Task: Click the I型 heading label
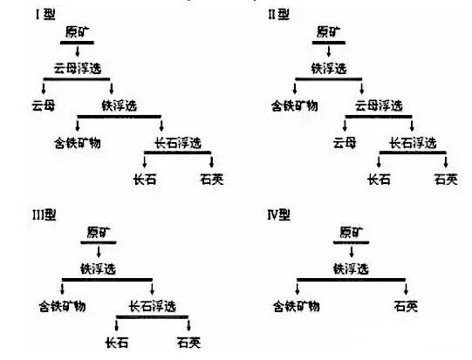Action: pos(45,15)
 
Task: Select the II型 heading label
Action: pos(278,15)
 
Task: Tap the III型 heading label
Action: pos(44,214)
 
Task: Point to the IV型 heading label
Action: pos(278,214)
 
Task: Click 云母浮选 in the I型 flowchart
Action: pos(78,68)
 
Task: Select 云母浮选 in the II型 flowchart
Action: pos(379,105)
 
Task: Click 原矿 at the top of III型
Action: pos(99,233)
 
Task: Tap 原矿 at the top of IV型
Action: pos(352,233)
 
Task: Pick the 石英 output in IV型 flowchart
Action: pos(406,306)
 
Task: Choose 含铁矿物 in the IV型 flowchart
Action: pos(297,306)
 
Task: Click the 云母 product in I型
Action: pos(44,105)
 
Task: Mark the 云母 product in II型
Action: pos(345,143)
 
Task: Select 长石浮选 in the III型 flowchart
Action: pos(153,306)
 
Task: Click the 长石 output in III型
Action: pos(117,343)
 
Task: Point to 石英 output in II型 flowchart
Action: pos(446,180)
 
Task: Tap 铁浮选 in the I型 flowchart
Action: pos(120,105)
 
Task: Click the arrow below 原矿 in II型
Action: pos(328,51)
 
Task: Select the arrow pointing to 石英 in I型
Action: pos(211,161)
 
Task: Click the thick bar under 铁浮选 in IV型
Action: pos(352,280)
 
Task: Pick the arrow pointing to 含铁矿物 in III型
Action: pos(62,289)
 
